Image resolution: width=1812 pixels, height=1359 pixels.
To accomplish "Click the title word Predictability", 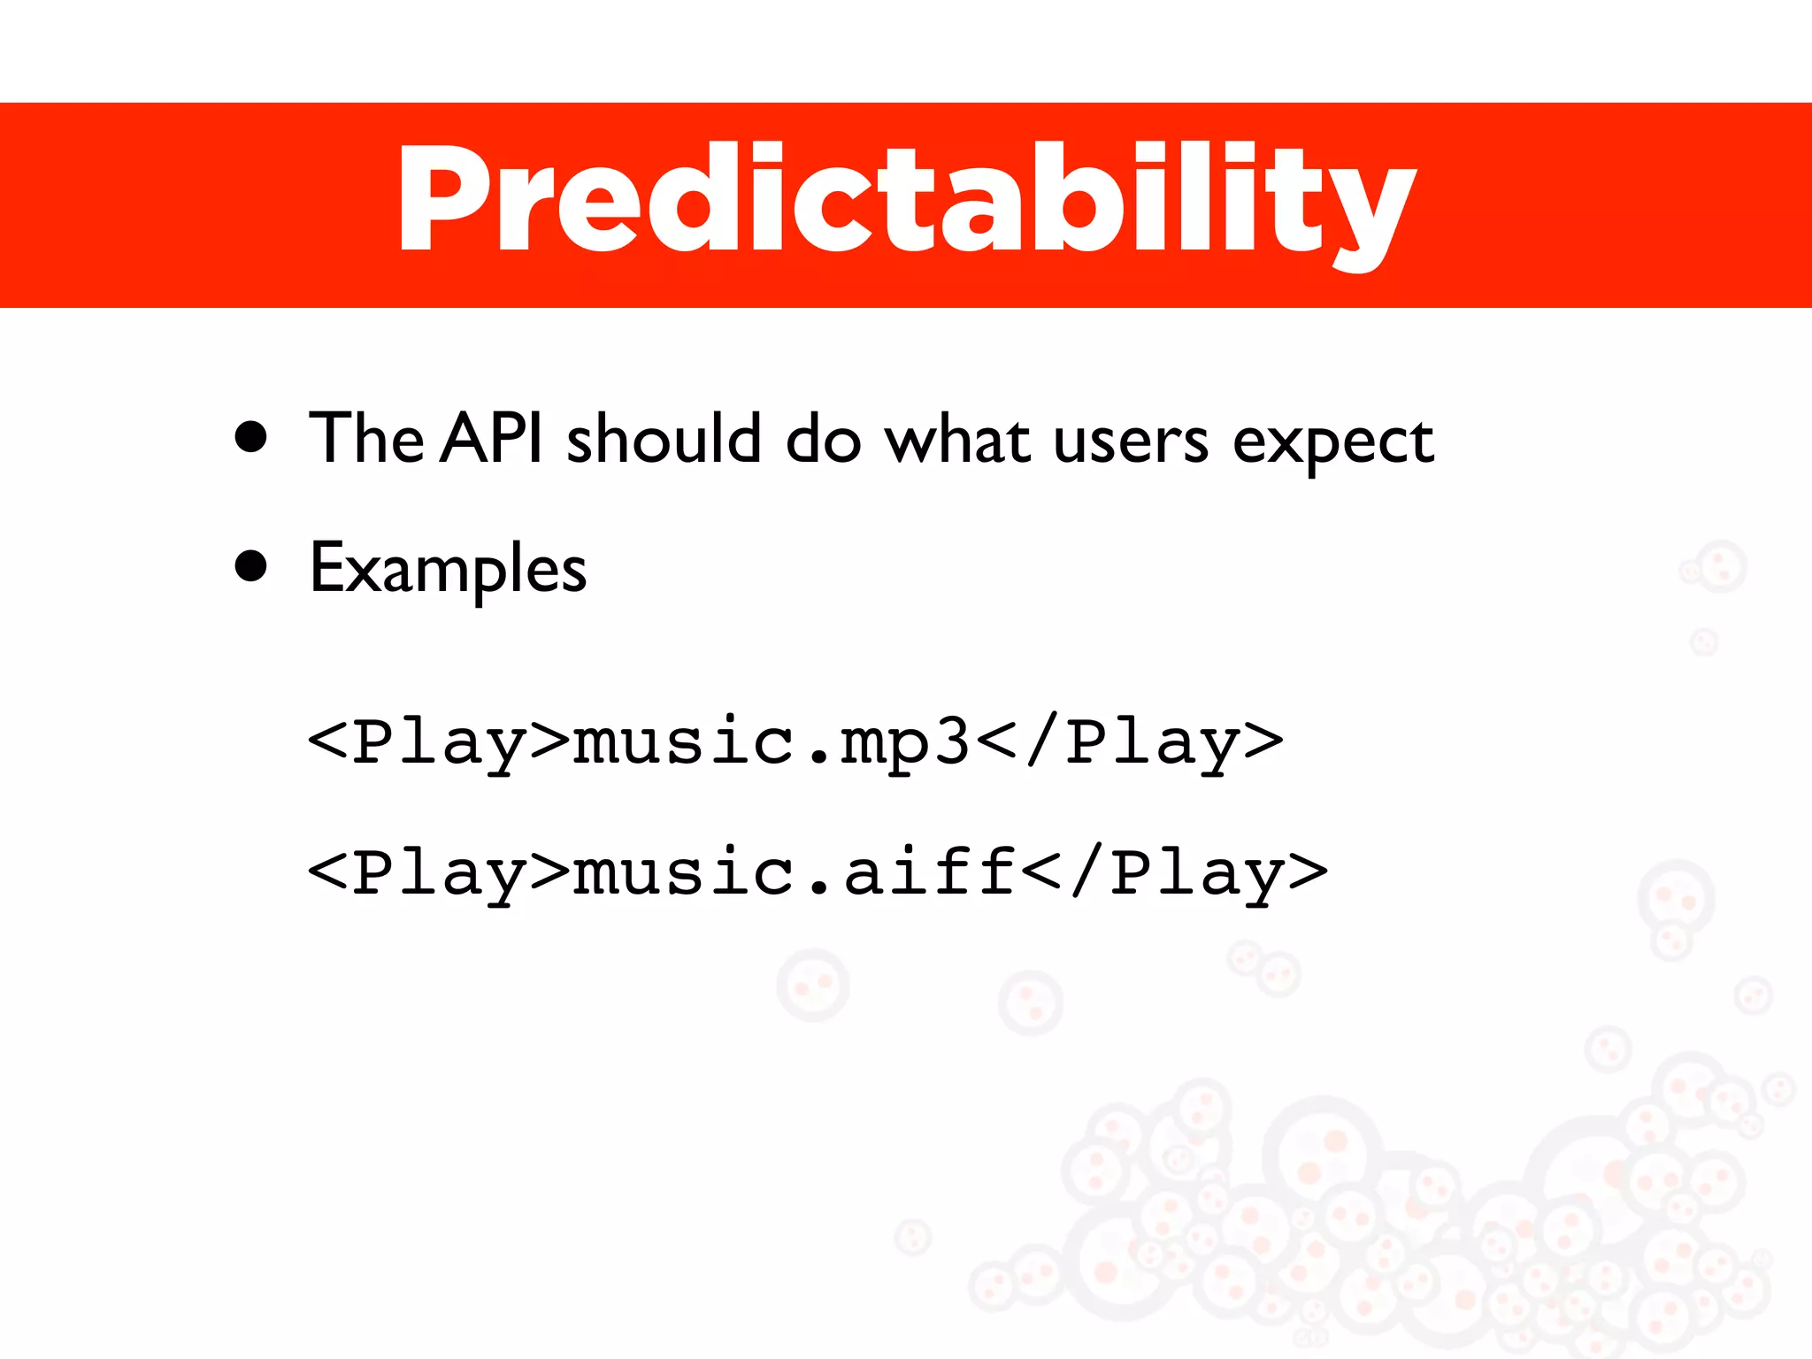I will point(906,202).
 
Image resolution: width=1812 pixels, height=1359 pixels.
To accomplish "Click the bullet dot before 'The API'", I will point(252,437).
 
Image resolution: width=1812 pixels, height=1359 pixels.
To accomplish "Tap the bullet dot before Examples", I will point(252,567).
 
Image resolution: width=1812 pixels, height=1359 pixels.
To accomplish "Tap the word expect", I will point(1332,442).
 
